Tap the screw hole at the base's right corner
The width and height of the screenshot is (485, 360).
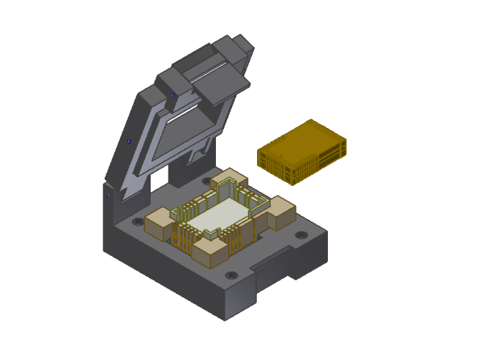tap(301, 235)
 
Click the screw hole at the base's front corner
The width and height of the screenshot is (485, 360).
tap(231, 275)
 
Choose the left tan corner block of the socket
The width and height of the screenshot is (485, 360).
tap(159, 222)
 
